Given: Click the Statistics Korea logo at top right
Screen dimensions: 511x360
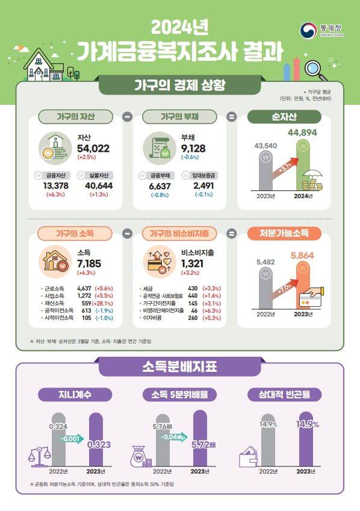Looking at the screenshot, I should coord(322,30).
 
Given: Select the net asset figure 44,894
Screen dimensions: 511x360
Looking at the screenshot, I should coord(302,133).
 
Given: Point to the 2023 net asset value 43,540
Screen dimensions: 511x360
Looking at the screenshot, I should coord(266,145).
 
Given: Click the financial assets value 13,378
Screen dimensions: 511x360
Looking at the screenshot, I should coord(58,186).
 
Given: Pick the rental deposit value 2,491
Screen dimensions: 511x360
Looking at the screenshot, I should coord(203,186).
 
